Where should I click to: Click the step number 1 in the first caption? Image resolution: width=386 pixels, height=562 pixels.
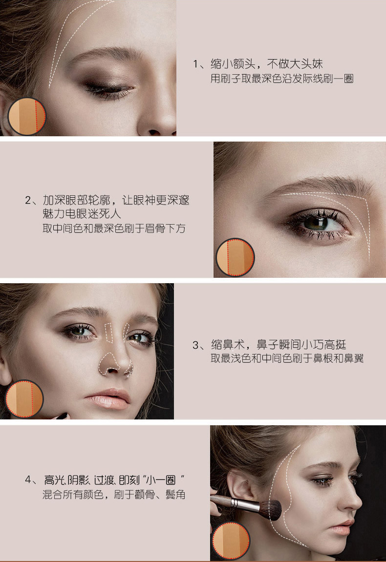click(195, 64)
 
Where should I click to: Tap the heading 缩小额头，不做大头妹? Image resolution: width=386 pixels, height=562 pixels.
click(267, 64)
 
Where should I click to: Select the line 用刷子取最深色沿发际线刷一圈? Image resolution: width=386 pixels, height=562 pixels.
click(282, 79)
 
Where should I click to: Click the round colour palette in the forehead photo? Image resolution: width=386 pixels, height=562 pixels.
click(27, 117)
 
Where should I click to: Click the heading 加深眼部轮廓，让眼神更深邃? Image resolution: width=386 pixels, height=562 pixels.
click(116, 200)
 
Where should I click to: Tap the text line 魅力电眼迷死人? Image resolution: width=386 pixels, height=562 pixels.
click(82, 214)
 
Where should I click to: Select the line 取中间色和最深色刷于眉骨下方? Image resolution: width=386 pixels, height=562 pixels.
click(114, 229)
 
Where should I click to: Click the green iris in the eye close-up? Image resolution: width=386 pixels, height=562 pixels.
click(316, 223)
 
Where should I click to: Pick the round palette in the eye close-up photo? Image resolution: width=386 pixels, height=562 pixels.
click(236, 257)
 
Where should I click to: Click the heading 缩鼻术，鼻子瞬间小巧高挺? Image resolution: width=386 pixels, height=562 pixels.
click(279, 345)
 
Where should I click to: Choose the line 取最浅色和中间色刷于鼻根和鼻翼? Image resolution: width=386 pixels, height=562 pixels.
click(287, 358)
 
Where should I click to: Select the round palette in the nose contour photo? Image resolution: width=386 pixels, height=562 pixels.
click(24, 399)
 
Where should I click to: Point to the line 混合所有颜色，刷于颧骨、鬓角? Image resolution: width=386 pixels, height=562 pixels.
click(114, 495)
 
